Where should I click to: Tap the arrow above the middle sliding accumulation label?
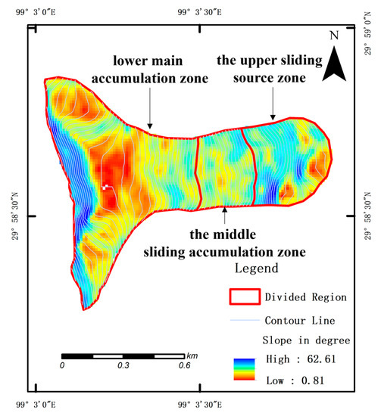point(225,213)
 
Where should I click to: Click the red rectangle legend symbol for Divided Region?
point(245,296)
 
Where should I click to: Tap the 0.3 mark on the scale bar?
point(123,365)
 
